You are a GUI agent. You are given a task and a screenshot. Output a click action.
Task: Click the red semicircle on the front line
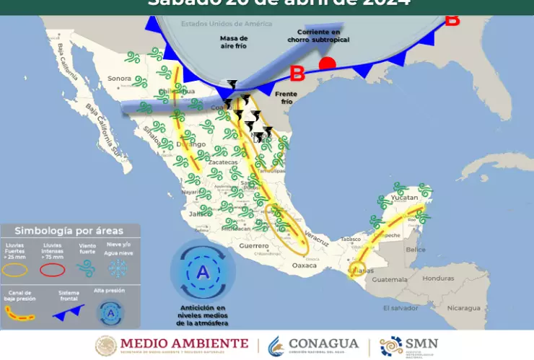coord(327,63)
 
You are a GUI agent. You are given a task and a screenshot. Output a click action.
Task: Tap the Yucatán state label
coord(405,197)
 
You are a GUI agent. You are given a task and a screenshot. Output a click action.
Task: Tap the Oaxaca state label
coord(304,265)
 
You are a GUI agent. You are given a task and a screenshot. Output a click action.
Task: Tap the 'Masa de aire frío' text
coord(234,41)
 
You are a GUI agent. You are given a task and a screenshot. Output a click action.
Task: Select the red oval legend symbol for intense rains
coord(51,270)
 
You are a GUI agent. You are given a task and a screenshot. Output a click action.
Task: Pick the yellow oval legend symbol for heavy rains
coord(17,270)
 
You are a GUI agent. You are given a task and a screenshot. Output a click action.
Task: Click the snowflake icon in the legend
coord(118,269)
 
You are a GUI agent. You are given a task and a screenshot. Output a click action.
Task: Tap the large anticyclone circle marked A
coord(203,273)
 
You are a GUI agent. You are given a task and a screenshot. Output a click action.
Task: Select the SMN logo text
coord(422,343)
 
